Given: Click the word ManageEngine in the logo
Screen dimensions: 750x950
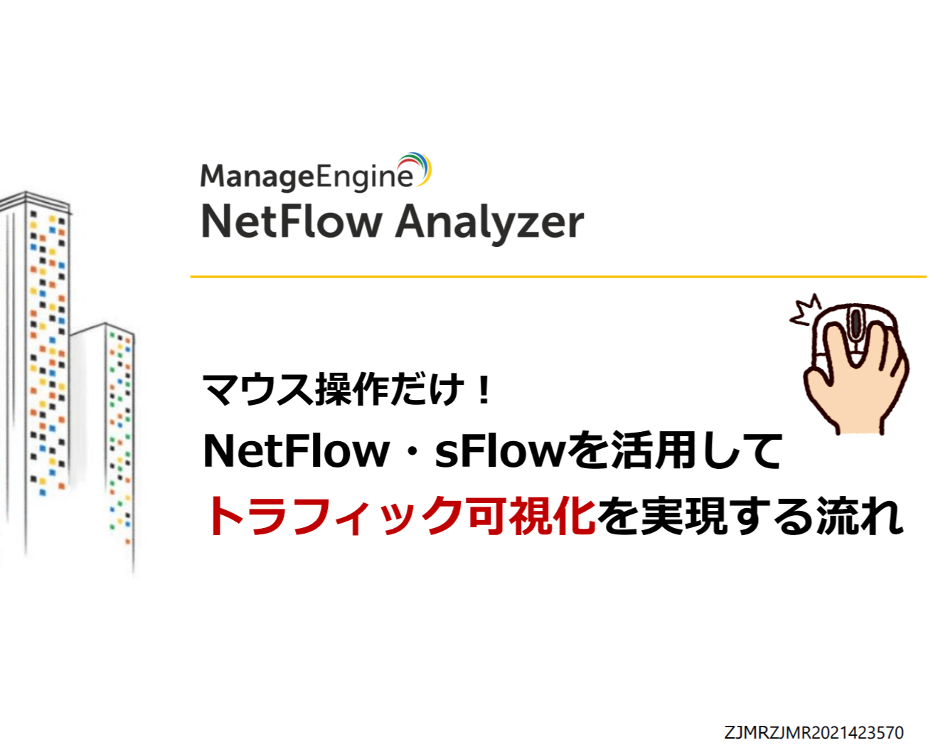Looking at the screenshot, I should (x=306, y=176).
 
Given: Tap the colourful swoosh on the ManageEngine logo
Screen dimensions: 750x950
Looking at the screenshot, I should (x=419, y=167).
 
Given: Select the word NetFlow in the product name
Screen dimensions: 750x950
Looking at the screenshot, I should (x=292, y=221).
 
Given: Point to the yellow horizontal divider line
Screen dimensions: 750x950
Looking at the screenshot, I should (x=557, y=276).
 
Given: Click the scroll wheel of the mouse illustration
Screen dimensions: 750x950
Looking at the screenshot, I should (x=855, y=324).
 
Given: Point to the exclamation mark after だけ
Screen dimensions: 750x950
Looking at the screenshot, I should (x=485, y=389).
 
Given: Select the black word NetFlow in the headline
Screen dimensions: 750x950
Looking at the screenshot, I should (x=296, y=451).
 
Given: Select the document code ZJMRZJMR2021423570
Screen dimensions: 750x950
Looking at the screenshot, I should (x=813, y=732).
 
